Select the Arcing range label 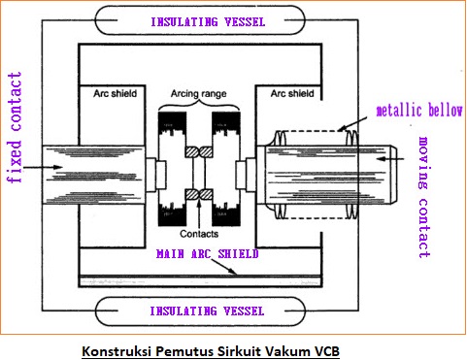[x=199, y=94]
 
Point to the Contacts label [x=199, y=233]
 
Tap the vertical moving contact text [x=423, y=197]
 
